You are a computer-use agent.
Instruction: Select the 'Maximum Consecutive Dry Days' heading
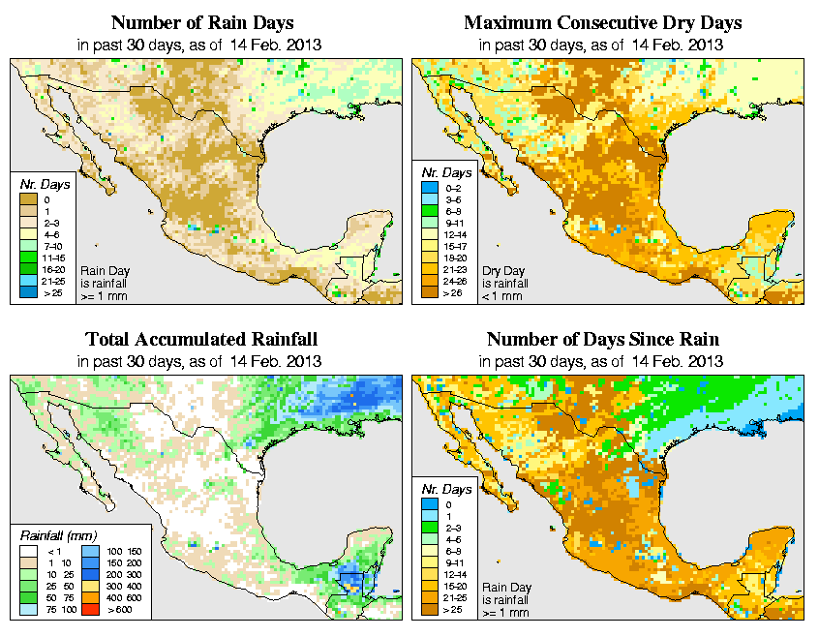[x=603, y=22]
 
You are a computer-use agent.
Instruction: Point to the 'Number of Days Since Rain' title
[x=603, y=340]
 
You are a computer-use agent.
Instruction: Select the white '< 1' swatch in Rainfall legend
[x=29, y=551]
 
